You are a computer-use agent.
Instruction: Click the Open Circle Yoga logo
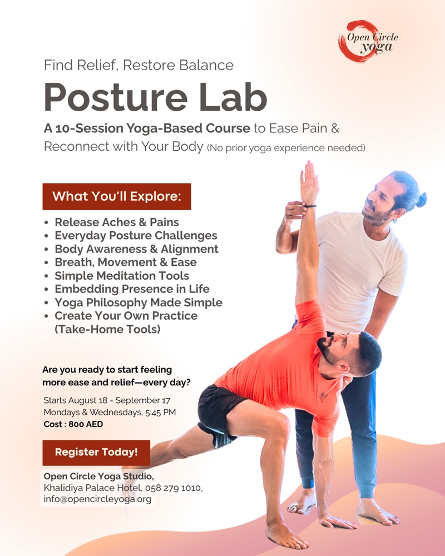point(368,41)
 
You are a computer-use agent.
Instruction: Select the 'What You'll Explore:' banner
point(117,196)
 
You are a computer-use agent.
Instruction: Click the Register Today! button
point(96,453)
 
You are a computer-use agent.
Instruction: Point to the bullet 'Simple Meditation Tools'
point(122,276)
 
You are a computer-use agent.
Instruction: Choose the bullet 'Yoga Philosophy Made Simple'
point(139,302)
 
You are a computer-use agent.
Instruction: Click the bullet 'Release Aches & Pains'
point(117,222)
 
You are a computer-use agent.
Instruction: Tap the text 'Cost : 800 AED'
point(73,424)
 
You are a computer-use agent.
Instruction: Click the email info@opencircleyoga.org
point(97,499)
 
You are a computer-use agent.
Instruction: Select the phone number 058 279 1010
point(173,488)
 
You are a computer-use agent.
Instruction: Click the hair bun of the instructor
point(421,200)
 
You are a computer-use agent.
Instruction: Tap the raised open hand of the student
point(309,181)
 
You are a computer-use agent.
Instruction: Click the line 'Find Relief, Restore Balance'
point(139,65)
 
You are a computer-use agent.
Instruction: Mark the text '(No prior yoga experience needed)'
point(286,147)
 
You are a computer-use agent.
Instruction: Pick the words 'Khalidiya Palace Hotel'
point(92,488)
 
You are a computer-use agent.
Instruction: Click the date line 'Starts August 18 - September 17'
point(107,401)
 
